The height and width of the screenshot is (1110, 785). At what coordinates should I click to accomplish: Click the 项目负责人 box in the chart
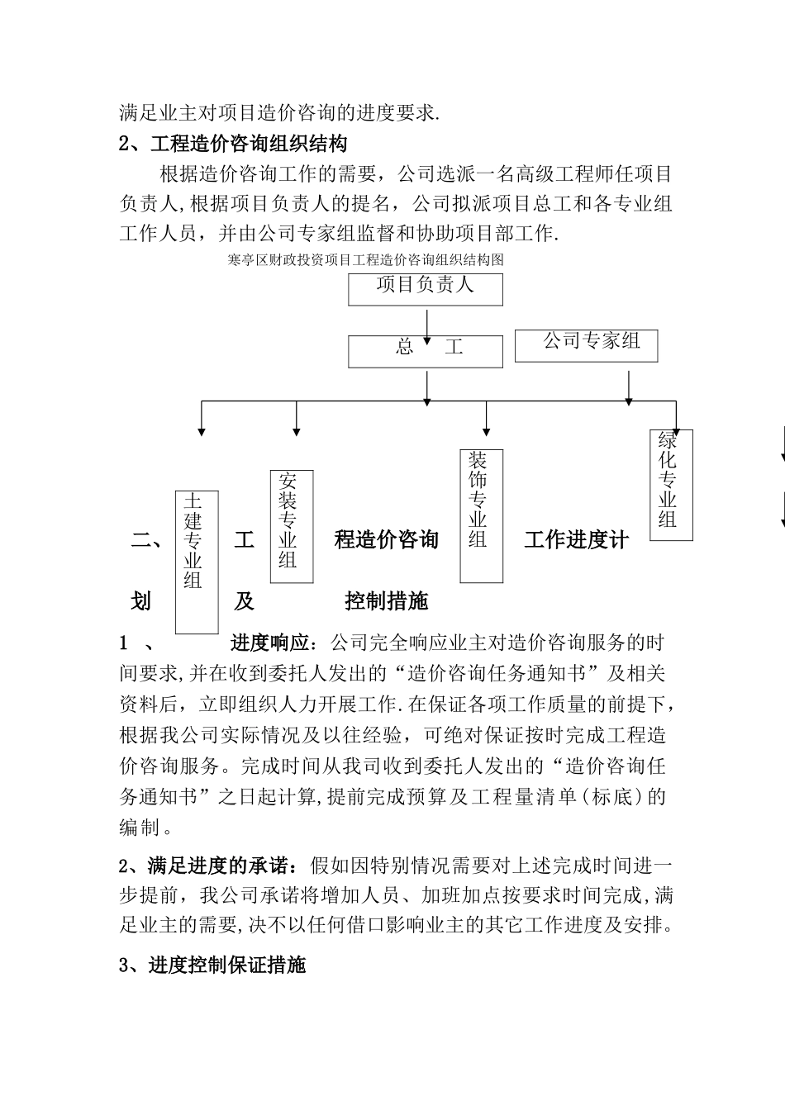click(425, 288)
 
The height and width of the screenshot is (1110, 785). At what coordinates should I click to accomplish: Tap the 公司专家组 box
click(586, 344)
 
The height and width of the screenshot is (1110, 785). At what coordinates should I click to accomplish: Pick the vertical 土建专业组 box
click(197, 561)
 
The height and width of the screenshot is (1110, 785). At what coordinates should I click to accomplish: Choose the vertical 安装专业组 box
click(292, 526)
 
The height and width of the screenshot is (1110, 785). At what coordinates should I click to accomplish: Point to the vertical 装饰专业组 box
click(481, 515)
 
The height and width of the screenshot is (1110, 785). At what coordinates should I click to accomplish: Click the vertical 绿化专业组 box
click(671, 486)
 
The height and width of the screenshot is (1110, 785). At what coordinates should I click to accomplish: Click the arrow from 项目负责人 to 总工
click(426, 325)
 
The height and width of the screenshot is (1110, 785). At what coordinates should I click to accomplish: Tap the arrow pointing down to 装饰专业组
click(486, 419)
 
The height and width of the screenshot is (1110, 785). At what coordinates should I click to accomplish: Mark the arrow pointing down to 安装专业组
click(296, 419)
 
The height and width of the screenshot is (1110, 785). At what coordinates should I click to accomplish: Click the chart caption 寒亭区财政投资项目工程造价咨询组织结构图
click(364, 259)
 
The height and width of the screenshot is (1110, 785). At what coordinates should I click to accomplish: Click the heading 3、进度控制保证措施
click(212, 964)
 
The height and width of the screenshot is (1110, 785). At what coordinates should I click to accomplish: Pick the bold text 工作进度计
click(576, 540)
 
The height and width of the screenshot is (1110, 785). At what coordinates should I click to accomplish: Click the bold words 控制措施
click(386, 600)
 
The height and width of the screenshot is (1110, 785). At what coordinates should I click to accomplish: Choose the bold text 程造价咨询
click(386, 540)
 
